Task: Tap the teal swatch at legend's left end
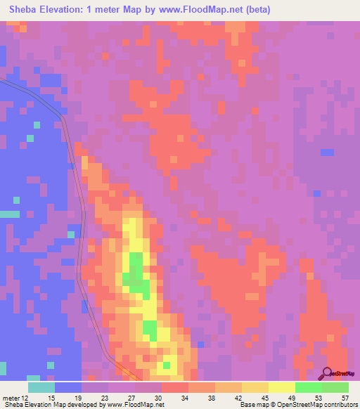coord(41,387)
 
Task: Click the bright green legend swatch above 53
coord(309,387)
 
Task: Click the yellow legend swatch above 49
coord(282,387)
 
